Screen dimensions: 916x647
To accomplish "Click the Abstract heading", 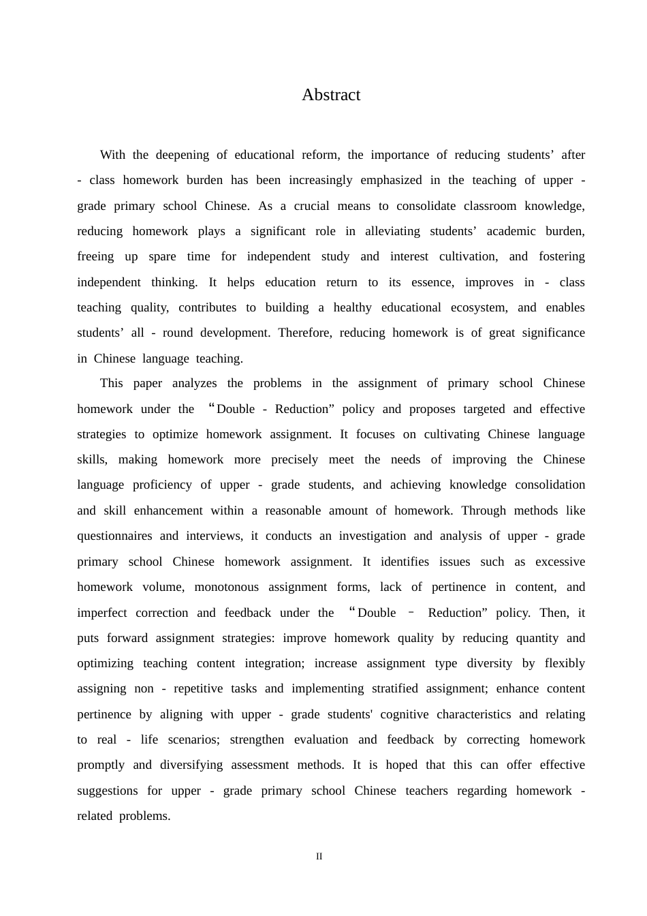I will pos(331,95).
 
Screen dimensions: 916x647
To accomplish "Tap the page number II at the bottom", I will pos(319,856).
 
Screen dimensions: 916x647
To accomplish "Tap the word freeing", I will pos(95,256).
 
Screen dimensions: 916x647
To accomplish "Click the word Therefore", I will pos(305,333).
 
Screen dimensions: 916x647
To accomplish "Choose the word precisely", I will pos(294,459).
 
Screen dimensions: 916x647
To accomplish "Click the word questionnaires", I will pos(114,536).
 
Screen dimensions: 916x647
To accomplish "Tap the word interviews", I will pos(214,536).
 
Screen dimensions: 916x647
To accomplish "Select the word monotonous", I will pos(227,587).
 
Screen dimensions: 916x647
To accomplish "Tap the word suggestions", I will pos(108,791).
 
